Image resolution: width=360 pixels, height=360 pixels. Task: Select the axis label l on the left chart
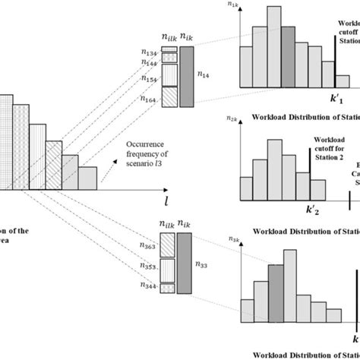click(x=166, y=200)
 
